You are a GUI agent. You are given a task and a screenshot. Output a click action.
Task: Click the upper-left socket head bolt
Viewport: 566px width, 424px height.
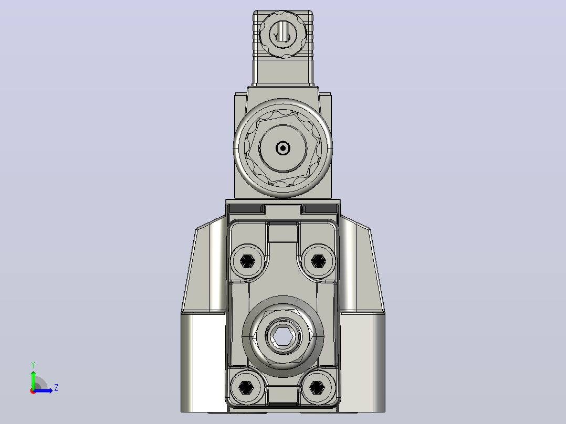click(247, 261)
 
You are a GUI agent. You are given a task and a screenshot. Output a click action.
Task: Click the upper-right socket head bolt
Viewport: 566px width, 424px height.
click(318, 261)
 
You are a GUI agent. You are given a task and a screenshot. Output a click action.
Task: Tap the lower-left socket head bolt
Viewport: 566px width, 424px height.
click(247, 388)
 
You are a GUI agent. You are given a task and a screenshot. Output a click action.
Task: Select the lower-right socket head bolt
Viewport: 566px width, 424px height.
click(317, 388)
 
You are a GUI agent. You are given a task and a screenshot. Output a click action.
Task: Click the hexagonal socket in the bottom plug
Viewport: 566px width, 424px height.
click(282, 336)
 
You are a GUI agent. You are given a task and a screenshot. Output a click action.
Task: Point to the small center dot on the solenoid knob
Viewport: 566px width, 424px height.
click(283, 148)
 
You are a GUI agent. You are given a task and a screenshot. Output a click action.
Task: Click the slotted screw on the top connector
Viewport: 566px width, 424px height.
click(283, 35)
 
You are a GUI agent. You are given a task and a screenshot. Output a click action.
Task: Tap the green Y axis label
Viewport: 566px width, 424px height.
click(33, 365)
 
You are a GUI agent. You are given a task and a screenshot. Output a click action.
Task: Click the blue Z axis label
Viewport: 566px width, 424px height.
click(56, 388)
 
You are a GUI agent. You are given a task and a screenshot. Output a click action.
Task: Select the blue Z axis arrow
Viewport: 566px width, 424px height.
click(43, 390)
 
